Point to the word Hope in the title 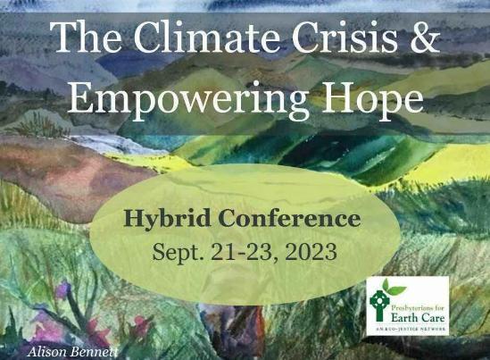click(369, 96)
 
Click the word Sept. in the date click(179, 251)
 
